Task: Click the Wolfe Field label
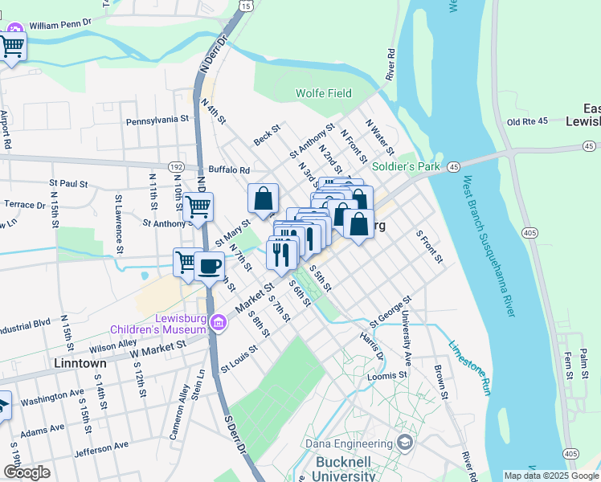point(324,93)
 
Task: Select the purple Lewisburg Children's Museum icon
point(219,323)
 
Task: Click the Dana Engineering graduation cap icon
point(405,443)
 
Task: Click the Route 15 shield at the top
point(246,6)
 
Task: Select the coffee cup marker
point(209,266)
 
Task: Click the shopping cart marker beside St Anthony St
point(198,207)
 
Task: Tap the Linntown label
point(80,364)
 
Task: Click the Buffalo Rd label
point(229,170)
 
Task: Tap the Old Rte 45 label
point(527,122)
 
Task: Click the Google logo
point(27,472)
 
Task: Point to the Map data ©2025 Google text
point(550,476)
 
